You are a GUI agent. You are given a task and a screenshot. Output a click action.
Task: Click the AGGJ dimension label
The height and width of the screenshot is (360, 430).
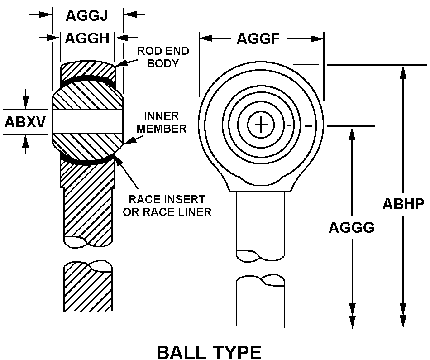[x=87, y=15]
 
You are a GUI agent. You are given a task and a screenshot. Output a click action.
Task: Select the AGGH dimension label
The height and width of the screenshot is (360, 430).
[x=87, y=38]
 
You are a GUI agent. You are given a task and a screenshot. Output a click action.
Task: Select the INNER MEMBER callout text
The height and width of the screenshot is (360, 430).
[x=162, y=122]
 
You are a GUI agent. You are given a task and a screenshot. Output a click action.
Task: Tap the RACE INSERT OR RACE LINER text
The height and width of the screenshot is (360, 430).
[x=167, y=205]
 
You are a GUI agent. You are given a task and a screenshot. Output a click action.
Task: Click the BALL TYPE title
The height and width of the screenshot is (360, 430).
[x=209, y=351]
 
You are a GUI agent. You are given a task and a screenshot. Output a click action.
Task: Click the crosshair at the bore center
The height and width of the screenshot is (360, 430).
[x=261, y=125]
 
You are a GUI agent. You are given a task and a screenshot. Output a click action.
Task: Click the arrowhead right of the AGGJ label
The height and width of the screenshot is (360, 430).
[x=129, y=15]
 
